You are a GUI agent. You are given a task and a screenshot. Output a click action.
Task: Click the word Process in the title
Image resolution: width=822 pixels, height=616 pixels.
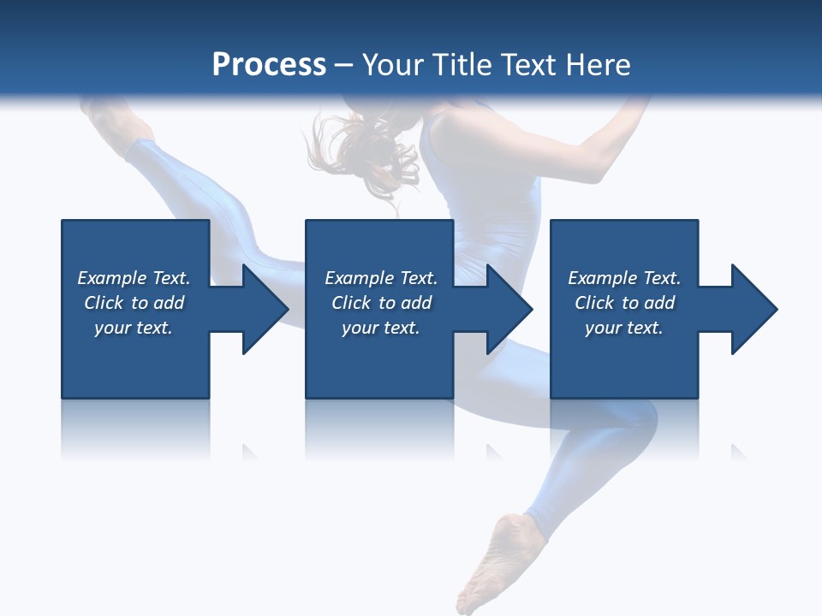coord(269,65)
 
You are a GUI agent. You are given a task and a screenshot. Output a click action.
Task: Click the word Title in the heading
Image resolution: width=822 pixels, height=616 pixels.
coord(459,65)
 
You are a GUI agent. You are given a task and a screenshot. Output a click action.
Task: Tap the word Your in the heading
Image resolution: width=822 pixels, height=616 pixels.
coord(391,65)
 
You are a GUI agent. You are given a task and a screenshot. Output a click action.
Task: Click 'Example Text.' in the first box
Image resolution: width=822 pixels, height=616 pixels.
coord(134,278)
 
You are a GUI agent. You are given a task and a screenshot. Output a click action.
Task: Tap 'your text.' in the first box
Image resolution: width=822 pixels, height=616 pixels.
coord(134,328)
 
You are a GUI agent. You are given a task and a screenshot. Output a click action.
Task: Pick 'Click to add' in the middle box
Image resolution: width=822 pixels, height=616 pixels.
coord(381,303)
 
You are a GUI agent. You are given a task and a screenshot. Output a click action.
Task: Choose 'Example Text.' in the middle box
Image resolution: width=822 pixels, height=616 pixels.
coord(381,278)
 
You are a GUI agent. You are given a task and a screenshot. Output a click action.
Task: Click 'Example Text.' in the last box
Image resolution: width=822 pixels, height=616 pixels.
coord(624,278)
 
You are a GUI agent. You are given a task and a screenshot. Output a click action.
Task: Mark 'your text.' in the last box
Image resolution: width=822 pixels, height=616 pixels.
coord(624,328)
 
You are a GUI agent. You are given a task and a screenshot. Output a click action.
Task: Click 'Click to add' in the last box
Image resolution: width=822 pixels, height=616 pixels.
coord(624,303)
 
